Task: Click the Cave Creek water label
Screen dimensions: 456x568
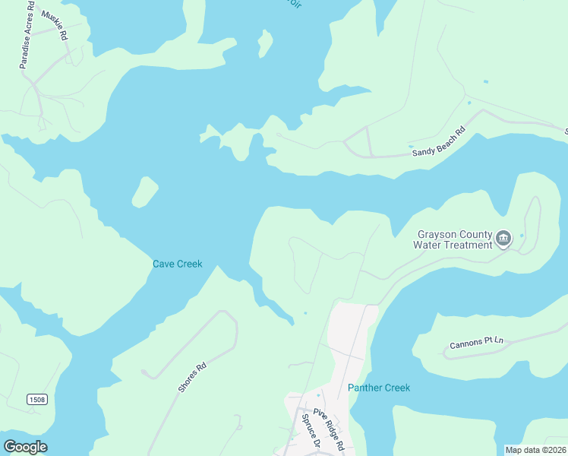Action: pos(178,264)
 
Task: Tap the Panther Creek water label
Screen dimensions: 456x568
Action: pos(379,388)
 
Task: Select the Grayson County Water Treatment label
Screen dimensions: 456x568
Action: pos(453,239)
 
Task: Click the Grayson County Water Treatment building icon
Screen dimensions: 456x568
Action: pos(503,240)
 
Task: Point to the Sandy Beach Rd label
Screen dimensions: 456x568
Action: pos(437,142)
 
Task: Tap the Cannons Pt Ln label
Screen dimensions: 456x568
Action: pos(476,343)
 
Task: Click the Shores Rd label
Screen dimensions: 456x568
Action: pos(191,378)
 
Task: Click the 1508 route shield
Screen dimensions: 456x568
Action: pos(36,400)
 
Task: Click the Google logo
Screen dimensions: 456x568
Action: pos(26,447)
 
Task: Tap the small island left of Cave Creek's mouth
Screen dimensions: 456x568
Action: pos(144,192)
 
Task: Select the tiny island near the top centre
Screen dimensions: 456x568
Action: pos(265,43)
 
